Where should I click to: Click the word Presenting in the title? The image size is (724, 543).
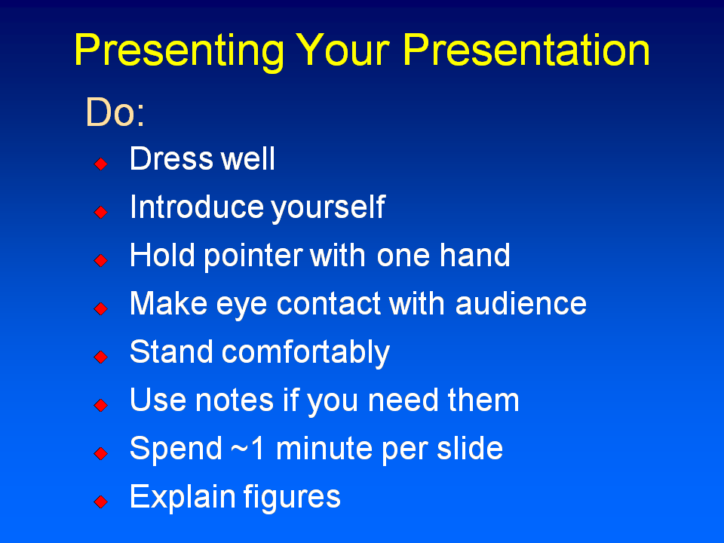click(x=179, y=51)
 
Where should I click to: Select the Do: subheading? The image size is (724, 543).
click(x=115, y=112)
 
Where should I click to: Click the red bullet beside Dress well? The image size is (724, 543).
click(x=100, y=164)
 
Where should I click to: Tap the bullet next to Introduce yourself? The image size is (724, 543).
click(x=100, y=212)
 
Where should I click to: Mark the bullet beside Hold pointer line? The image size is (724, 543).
click(x=100, y=260)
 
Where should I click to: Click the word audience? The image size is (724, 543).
click(x=520, y=304)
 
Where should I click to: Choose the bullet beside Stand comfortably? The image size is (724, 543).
click(x=100, y=357)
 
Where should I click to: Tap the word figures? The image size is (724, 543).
click(x=292, y=498)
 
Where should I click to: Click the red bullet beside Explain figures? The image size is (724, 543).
click(x=100, y=502)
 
